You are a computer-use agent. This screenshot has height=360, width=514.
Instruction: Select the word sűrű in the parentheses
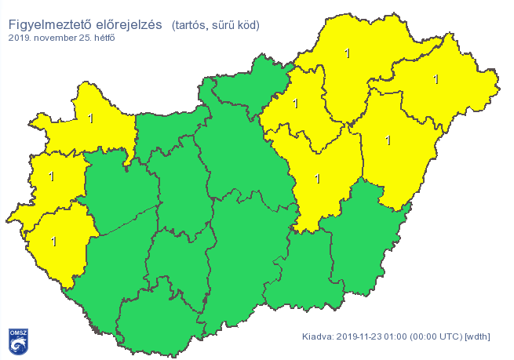[x=226, y=26]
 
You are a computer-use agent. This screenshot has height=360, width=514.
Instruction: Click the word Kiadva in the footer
[x=318, y=337]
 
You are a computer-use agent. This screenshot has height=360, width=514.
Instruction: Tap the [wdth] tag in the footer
[x=478, y=337]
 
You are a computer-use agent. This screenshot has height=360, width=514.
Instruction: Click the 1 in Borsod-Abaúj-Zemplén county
[x=348, y=53]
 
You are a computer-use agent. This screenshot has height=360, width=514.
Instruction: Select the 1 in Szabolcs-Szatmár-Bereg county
[x=436, y=79]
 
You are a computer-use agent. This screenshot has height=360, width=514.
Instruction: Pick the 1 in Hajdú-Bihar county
[x=388, y=140]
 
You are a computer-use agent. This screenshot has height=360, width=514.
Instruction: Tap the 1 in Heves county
[x=295, y=103]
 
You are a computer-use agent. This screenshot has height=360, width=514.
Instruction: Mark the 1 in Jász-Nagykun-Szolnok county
[x=317, y=178]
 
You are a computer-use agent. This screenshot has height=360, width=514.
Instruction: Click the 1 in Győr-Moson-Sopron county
[x=91, y=118]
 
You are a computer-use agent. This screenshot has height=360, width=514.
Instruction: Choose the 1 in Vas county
[x=52, y=176]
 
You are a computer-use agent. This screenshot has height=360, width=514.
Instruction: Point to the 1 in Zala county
[x=53, y=241]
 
